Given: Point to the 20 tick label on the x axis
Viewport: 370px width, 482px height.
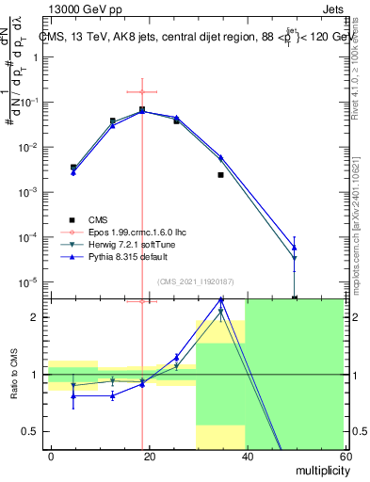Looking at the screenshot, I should click(x=149, y=456).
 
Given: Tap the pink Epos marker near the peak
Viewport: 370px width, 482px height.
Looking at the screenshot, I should click(x=142, y=92).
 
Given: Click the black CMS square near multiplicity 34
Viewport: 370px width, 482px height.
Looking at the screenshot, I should click(x=220, y=175).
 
